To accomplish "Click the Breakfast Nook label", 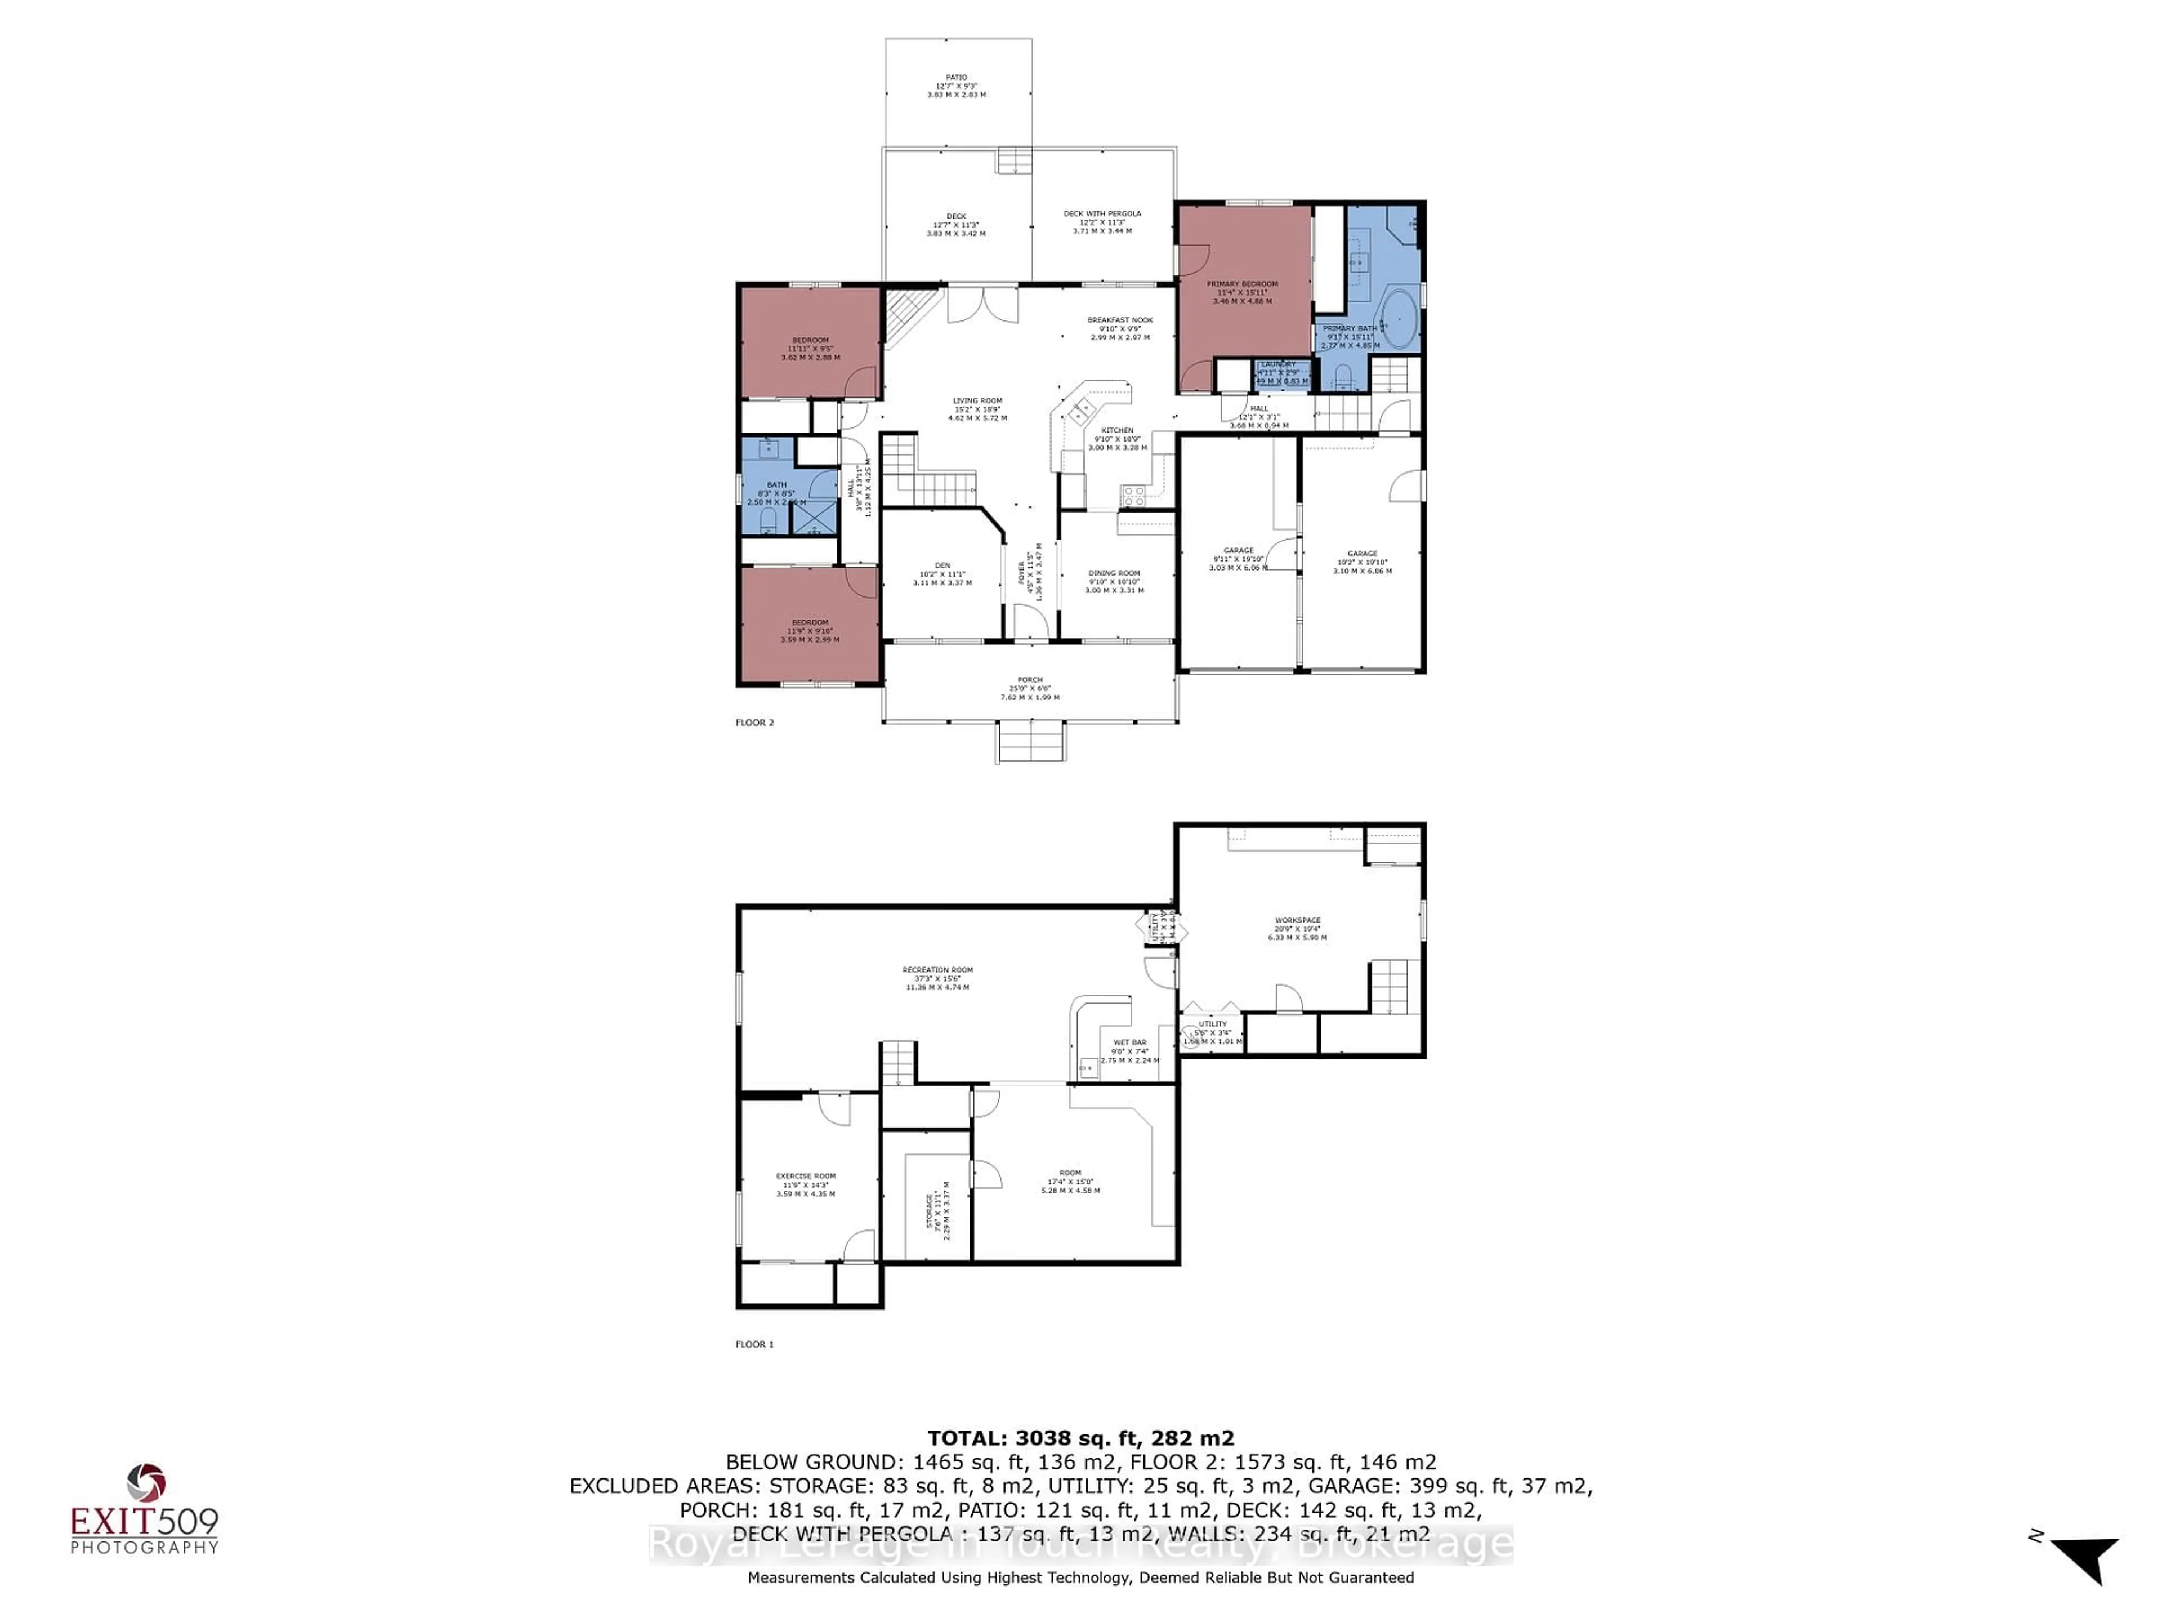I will tap(1120, 328).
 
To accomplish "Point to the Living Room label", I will tap(977, 409).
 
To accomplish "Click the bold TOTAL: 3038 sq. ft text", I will tap(1080, 1438).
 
